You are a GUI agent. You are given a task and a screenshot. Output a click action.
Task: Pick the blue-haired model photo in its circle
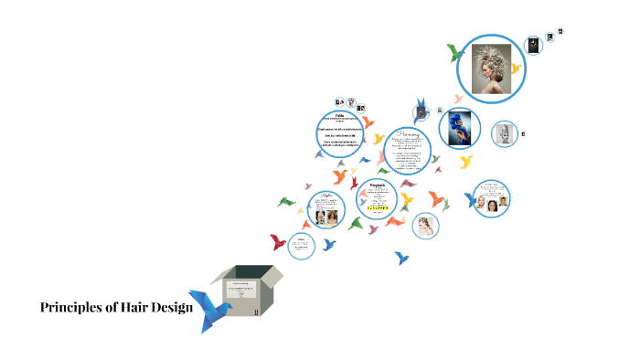(x=459, y=127)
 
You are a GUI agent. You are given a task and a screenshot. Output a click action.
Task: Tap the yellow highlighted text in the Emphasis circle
(x=378, y=207)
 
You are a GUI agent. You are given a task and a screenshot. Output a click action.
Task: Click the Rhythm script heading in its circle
(x=325, y=195)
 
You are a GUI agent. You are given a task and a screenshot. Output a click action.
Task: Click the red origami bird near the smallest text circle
(x=278, y=242)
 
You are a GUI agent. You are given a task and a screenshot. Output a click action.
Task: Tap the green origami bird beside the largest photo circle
(x=453, y=52)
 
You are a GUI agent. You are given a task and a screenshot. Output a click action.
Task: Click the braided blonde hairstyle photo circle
(x=424, y=225)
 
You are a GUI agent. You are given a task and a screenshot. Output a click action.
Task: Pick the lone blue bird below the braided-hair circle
(x=401, y=259)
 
